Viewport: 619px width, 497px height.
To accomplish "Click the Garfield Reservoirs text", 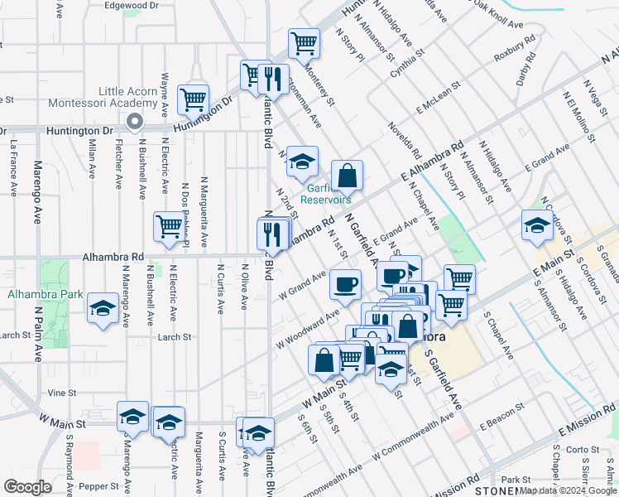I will click(325, 194).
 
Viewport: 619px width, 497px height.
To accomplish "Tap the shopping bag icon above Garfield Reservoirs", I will click(348, 175).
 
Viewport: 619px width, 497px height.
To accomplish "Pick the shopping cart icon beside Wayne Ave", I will click(193, 99).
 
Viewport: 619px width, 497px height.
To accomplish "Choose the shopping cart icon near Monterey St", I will click(304, 43).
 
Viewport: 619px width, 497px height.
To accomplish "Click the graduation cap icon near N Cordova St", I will click(536, 224).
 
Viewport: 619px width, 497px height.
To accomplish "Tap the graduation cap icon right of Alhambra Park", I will click(103, 309).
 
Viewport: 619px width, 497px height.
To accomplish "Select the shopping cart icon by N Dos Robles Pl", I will click(169, 226).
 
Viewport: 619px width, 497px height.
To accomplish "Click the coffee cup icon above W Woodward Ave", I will click(345, 284).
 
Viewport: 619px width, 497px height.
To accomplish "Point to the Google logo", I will click(27, 486).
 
